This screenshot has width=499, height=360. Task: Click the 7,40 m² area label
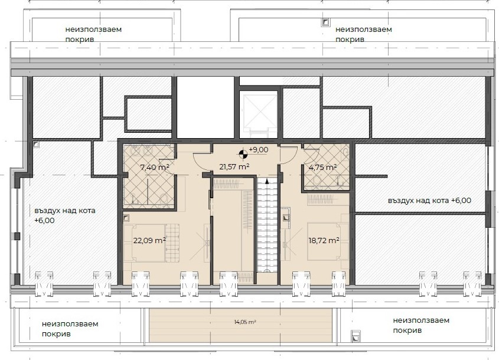click(x=155, y=167)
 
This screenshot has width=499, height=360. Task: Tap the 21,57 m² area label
click(x=234, y=166)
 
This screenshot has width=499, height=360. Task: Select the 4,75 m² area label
click(x=323, y=167)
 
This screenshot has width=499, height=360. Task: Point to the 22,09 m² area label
click(x=149, y=240)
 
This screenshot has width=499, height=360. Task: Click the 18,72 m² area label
click(x=324, y=240)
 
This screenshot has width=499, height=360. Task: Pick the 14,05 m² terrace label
click(x=245, y=322)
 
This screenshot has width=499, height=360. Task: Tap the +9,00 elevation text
click(x=259, y=150)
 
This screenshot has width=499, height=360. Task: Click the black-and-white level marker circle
click(x=243, y=154)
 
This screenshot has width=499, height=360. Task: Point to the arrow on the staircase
click(x=267, y=182)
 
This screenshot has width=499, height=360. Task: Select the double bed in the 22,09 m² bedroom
click(x=149, y=243)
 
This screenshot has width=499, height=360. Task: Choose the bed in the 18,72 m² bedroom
click(x=326, y=242)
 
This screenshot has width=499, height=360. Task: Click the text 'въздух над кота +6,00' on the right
click(x=430, y=201)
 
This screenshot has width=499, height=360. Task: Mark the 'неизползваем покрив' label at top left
click(x=93, y=34)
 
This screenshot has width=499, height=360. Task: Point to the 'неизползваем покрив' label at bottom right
click(x=421, y=325)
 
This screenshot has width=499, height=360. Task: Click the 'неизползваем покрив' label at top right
click(x=363, y=34)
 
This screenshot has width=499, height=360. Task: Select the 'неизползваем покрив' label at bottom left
click(x=70, y=329)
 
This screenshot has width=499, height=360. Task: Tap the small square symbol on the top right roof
click(x=325, y=22)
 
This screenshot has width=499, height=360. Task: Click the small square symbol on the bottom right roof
click(x=356, y=336)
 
